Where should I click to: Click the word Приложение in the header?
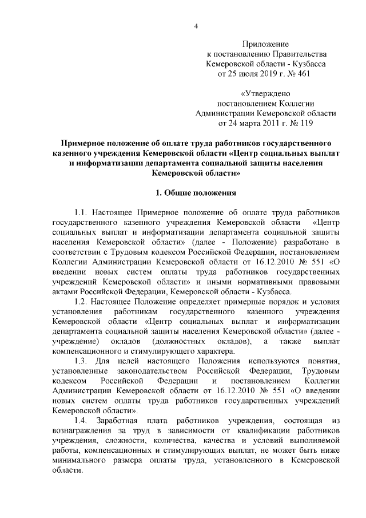pyautogui.click(x=266, y=44)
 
